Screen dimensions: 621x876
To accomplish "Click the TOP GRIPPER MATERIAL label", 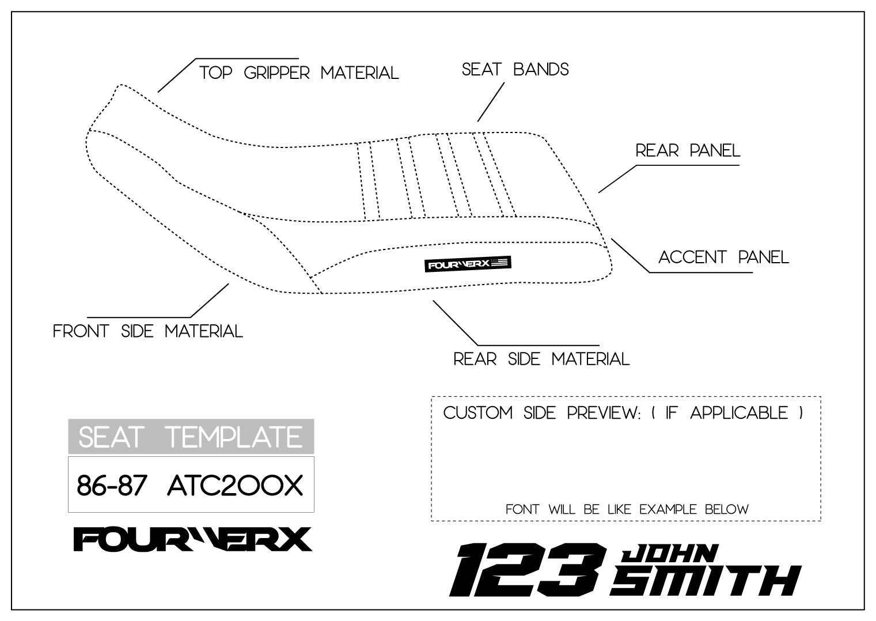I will tap(298, 73).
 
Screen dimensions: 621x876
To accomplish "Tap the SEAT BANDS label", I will tap(515, 70).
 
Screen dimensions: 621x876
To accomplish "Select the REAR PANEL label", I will tap(687, 151).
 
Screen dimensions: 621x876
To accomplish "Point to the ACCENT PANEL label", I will tap(723, 257).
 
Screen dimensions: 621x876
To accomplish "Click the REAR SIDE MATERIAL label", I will tap(541, 359).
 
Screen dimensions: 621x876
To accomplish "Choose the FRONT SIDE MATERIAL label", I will tap(147, 331).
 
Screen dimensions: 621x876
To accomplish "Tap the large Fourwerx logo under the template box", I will tap(192, 539).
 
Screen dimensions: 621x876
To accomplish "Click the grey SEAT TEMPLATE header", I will tap(191, 437).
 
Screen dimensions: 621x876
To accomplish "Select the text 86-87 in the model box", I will tap(112, 486).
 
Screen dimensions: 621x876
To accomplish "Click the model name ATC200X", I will tap(234, 486).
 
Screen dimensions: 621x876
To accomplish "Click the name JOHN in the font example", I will tap(669, 554).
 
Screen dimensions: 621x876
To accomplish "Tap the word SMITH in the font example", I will tap(706, 580).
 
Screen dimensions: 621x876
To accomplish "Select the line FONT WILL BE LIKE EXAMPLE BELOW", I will tap(627, 509).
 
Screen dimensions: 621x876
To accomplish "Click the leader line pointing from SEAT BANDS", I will tap(491, 103).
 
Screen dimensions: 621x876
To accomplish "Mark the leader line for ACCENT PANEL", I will tap(630, 255).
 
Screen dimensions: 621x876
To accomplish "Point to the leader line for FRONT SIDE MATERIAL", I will tap(210, 300).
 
